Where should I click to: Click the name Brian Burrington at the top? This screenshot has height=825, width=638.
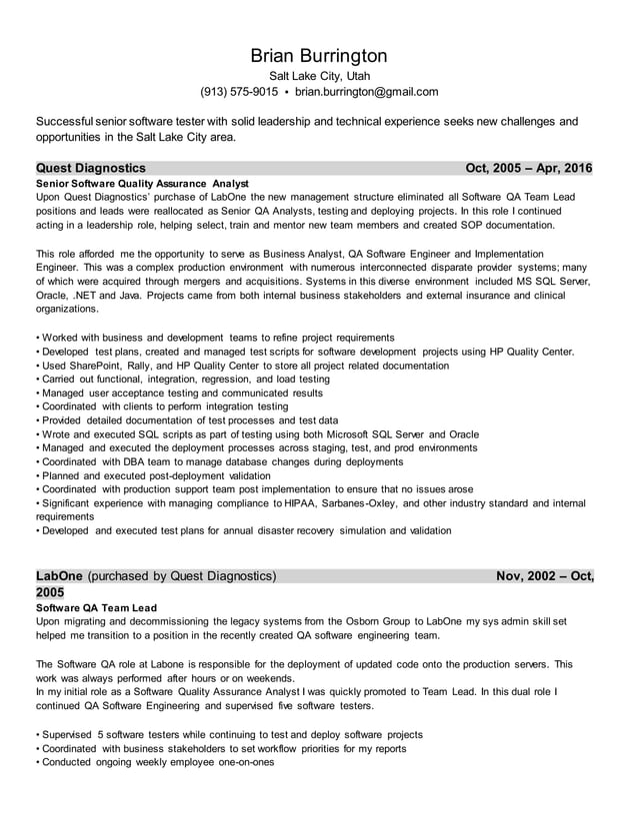coord(318,56)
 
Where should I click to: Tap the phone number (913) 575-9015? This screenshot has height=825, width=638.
coord(239,92)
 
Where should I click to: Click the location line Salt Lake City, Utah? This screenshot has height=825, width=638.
coord(318,75)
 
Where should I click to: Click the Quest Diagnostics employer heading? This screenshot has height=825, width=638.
coord(91,168)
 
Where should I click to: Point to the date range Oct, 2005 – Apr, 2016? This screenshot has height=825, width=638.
coord(529,168)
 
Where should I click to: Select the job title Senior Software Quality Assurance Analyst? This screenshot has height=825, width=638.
coord(142,184)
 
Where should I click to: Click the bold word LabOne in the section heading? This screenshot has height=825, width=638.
coord(60,576)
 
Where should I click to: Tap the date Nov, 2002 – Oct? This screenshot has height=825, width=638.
coord(545,576)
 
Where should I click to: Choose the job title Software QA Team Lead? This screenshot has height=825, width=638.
coord(96,607)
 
